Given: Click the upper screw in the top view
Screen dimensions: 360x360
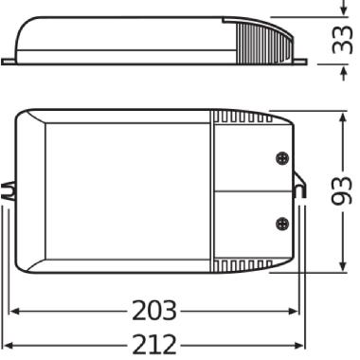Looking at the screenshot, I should point(280,160).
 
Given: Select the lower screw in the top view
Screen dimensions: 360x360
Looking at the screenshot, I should point(280,224).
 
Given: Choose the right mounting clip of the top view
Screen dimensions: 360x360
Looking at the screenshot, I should point(301,190).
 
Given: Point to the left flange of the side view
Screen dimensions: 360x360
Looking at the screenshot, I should point(9,62).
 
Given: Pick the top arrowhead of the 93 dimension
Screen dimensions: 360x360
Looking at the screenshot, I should point(341,116).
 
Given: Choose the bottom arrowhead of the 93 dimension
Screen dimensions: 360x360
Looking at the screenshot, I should point(341,268).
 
